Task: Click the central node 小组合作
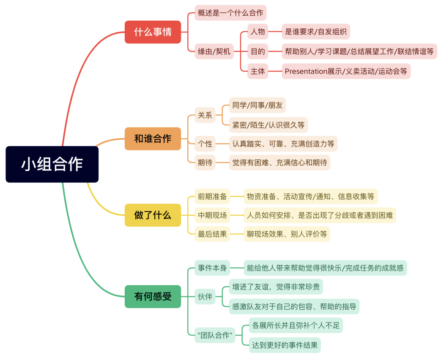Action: (x=52, y=164)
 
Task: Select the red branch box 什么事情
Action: (x=153, y=32)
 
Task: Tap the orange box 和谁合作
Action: (x=153, y=139)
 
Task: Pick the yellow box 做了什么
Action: (x=153, y=215)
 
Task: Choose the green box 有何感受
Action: (x=153, y=297)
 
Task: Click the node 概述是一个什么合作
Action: (x=230, y=13)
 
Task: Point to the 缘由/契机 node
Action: (x=214, y=52)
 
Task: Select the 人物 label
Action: (x=258, y=32)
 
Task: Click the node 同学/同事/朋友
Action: (x=258, y=105)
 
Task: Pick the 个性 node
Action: (x=205, y=144)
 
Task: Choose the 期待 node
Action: (x=205, y=162)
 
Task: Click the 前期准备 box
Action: (x=213, y=196)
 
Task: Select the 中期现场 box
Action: (x=213, y=215)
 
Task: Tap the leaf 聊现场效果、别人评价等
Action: (x=287, y=234)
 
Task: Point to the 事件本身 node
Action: (x=213, y=268)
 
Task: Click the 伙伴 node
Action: (x=205, y=297)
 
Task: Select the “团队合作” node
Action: (x=215, y=335)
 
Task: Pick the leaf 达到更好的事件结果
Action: (x=285, y=345)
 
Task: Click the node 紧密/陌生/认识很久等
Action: (x=268, y=125)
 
